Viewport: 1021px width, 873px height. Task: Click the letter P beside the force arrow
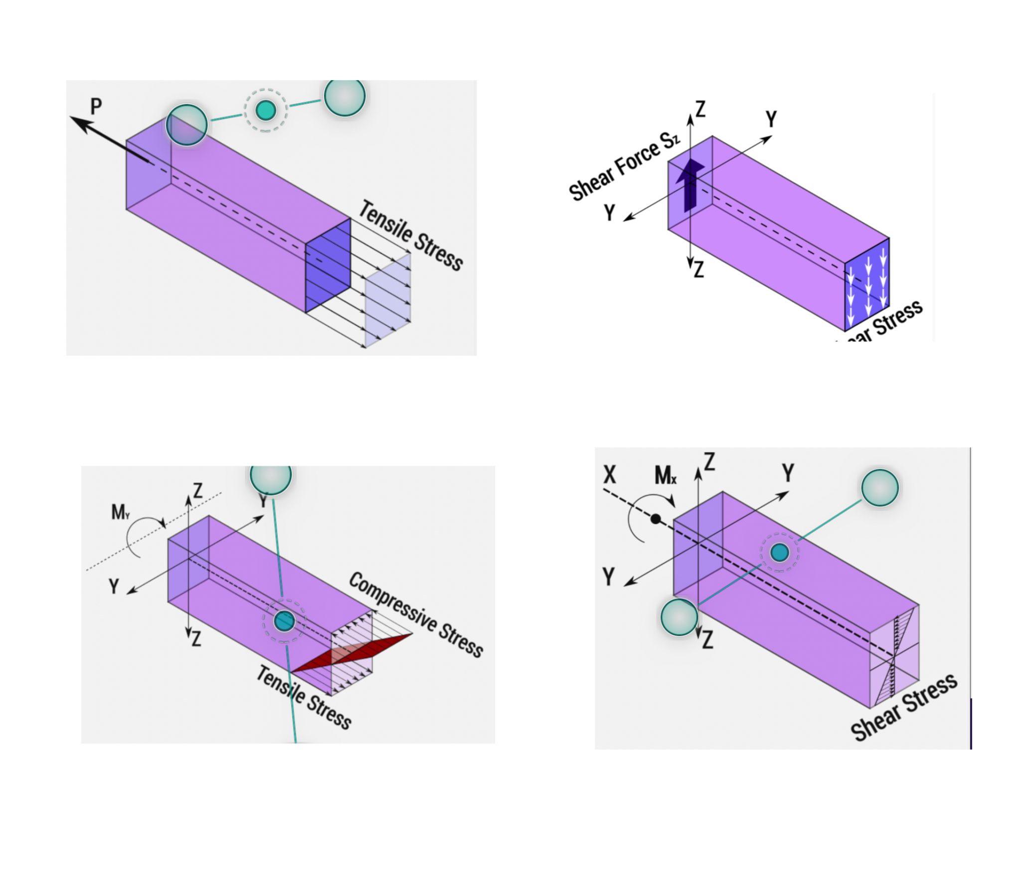click(x=96, y=106)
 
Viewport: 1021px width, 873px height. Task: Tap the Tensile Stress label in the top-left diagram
click(x=411, y=235)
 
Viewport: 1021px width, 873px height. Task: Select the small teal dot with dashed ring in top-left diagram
click(x=265, y=110)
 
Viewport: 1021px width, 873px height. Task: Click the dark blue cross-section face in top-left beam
click(x=328, y=265)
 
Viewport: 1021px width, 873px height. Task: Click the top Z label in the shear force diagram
click(x=700, y=109)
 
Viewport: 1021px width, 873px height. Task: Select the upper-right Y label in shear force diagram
click(x=771, y=119)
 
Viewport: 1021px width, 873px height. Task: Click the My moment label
click(x=120, y=512)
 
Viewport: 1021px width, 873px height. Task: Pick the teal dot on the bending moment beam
click(x=284, y=621)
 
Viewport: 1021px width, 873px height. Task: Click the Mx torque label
click(x=666, y=476)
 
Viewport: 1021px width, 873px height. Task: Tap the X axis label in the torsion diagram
click(x=610, y=475)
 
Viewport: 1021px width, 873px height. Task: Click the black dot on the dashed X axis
click(x=656, y=520)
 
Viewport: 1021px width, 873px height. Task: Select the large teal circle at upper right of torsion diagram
click(x=880, y=488)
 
